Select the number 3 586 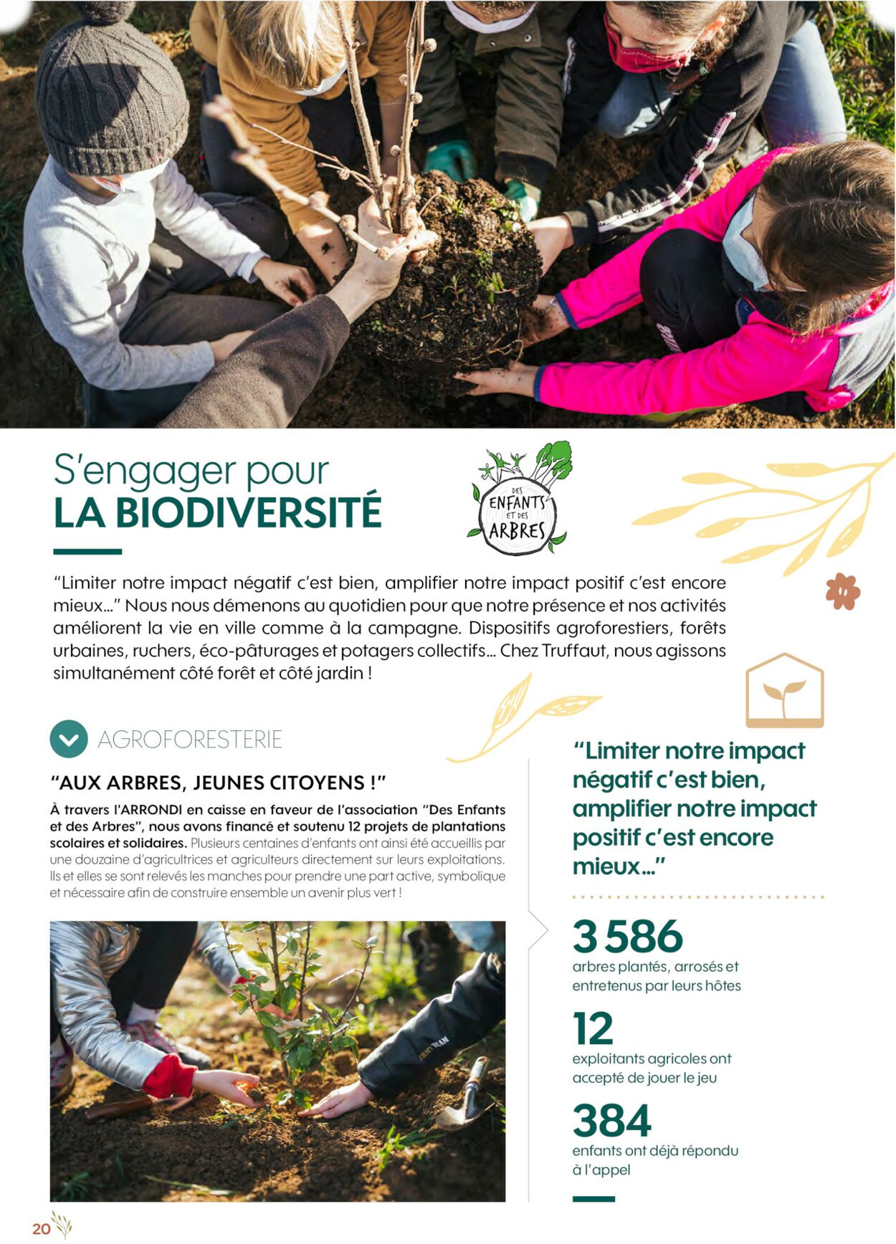(627, 937)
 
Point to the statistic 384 (611, 1121)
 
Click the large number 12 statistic (593, 1029)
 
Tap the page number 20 (41, 1228)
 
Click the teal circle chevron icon (69, 739)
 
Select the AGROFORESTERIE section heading (190, 740)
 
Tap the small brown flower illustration (842, 591)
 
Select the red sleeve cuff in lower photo (169, 1077)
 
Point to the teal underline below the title (87, 552)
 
